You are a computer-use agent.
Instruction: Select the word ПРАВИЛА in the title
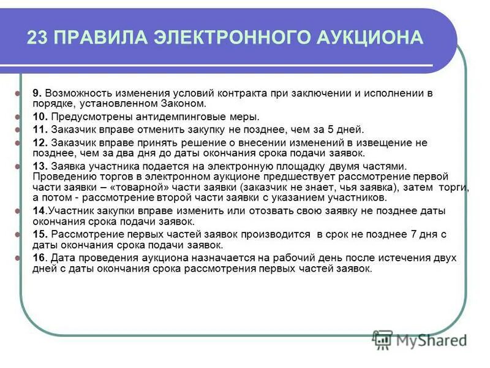pos(98,37)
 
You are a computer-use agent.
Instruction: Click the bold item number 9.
pos(36,93)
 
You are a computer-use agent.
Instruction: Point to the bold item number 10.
pos(39,117)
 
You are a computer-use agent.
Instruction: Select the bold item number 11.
pos(39,129)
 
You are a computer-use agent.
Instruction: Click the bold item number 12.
pos(39,142)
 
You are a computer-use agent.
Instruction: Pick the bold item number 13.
pos(39,166)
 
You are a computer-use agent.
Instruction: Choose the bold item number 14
pos(39,210)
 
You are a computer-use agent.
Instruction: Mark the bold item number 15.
pos(39,234)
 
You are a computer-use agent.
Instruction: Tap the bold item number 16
pos(39,258)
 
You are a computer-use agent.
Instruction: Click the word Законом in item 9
pos(187,104)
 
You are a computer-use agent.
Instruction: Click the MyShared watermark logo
pos(420,339)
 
